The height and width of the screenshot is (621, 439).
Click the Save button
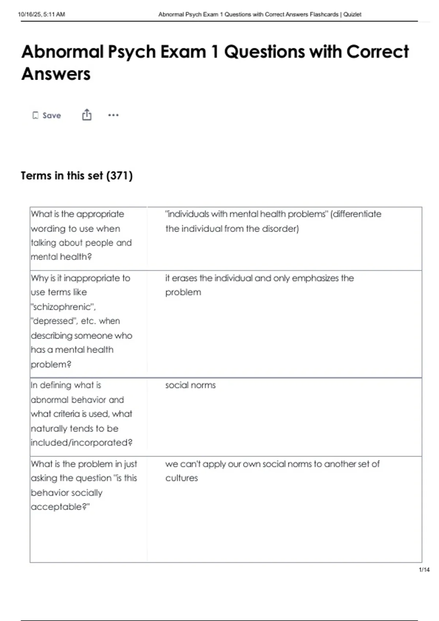pos(47,115)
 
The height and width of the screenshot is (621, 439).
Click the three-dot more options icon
pos(113,115)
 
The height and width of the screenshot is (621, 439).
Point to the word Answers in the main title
pos(56,74)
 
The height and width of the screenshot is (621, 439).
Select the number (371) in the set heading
pos(119,176)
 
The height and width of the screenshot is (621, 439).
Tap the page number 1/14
pos(424,569)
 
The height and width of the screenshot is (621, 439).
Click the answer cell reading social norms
pos(190,385)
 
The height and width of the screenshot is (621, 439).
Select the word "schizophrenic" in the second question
pos(63,307)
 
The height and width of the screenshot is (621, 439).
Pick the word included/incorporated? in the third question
pos(82,443)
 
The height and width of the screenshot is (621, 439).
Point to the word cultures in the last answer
pos(181,478)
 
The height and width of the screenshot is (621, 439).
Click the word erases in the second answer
pos(184,278)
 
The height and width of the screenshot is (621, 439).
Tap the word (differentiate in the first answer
pos(356,214)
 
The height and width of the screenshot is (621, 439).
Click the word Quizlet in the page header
pos(352,14)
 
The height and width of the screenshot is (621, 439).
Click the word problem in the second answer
pos(183,293)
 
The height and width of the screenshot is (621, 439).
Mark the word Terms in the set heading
pos(36,176)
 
